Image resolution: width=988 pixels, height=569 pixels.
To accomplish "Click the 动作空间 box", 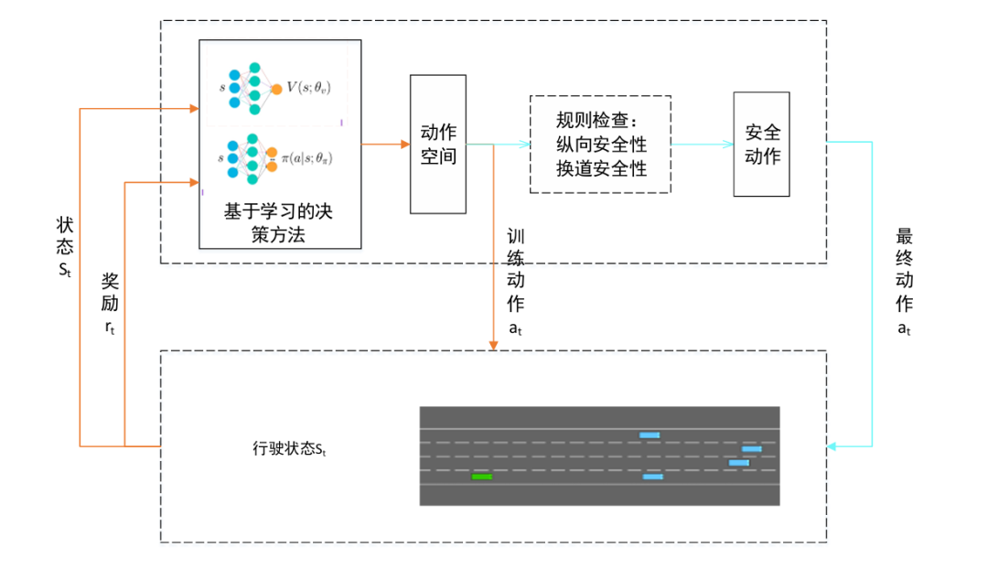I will tap(437, 144).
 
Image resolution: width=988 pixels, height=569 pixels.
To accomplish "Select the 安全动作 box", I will tap(761, 144).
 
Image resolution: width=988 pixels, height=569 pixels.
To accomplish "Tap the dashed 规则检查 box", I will tap(600, 144).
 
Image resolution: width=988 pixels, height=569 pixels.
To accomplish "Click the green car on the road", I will tap(481, 477).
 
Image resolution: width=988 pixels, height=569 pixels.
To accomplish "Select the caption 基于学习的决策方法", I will tap(279, 222).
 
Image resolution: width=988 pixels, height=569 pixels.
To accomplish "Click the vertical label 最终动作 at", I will tap(904, 284).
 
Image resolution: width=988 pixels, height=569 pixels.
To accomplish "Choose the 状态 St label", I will tap(64, 247).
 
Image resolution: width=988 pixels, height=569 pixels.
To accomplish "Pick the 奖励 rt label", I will tap(110, 303).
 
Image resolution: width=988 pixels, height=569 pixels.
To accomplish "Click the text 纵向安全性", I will tap(601, 145).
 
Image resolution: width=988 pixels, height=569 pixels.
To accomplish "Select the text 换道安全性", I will tap(601, 168).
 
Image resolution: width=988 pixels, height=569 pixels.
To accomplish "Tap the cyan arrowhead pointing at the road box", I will tap(832, 446).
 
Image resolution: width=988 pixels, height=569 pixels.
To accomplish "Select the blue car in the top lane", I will tap(650, 435).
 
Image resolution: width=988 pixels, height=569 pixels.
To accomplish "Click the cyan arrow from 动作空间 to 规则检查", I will tap(499, 144).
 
